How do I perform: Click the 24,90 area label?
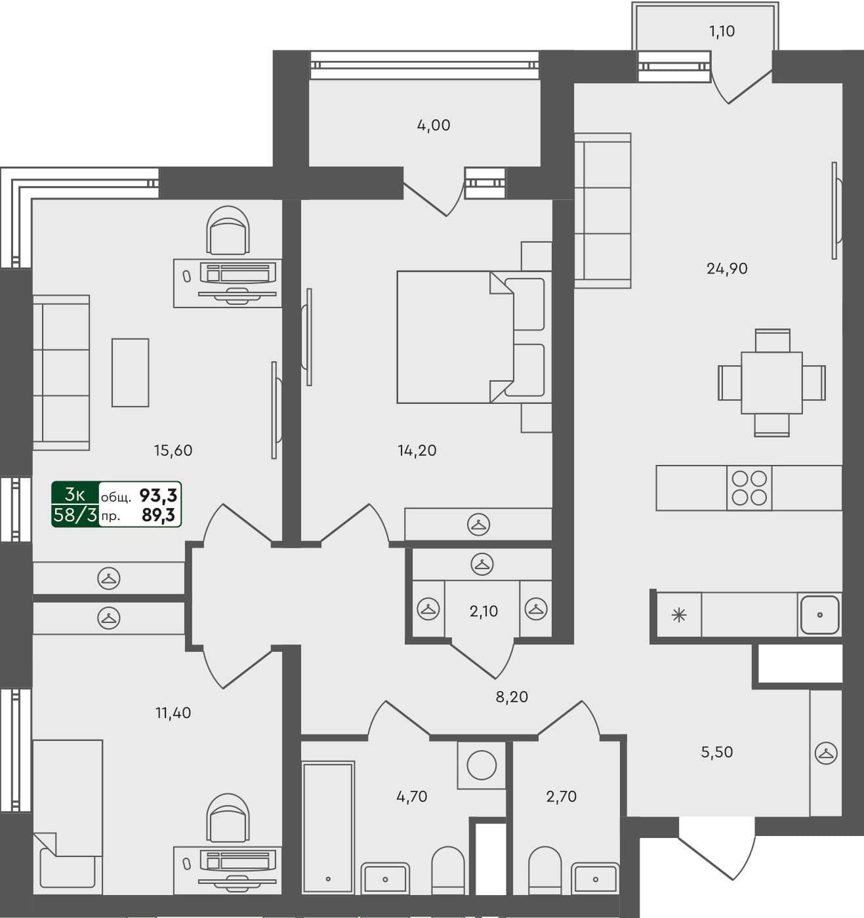pyautogui.click(x=727, y=268)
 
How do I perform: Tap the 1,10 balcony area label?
pyautogui.click(x=722, y=31)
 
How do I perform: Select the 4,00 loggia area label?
pyautogui.click(x=434, y=125)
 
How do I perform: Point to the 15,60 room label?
pyautogui.click(x=173, y=450)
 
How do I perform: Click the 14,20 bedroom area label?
pyautogui.click(x=417, y=450)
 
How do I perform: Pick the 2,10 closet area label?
pyautogui.click(x=483, y=611)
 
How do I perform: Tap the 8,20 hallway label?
pyautogui.click(x=512, y=696)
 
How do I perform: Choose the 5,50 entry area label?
pyautogui.click(x=717, y=752)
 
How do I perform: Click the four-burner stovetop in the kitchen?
pyautogui.click(x=749, y=488)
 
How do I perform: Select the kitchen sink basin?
pyautogui.click(x=819, y=615)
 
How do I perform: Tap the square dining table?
pyautogui.click(x=771, y=382)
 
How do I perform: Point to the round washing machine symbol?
pyautogui.click(x=482, y=765)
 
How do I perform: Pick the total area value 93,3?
pyautogui.click(x=158, y=496)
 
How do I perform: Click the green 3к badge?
pyautogui.click(x=75, y=494)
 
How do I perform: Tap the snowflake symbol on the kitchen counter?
pyautogui.click(x=679, y=615)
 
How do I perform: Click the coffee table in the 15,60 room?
pyautogui.click(x=130, y=372)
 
